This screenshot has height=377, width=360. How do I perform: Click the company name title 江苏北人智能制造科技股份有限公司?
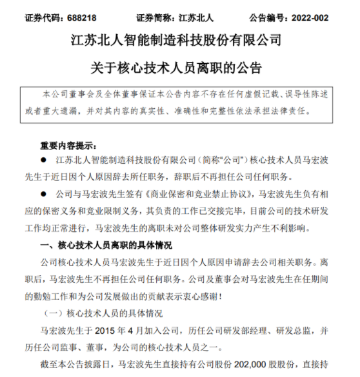(x=180, y=41)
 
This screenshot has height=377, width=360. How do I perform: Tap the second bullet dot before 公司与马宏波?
(x=43, y=193)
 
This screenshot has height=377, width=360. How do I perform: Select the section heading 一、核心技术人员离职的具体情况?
(x=106, y=246)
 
